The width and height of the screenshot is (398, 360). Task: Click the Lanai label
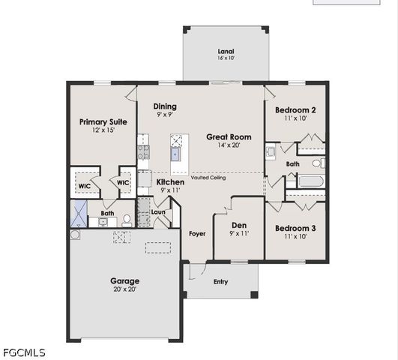(226, 50)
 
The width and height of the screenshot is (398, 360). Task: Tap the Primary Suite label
(103, 121)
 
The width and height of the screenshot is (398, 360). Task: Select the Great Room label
(229, 137)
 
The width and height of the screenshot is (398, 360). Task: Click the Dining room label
(165, 107)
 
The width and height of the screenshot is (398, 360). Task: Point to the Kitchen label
(170, 182)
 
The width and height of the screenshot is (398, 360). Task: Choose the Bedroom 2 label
(295, 110)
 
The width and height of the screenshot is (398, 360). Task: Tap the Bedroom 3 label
(295, 228)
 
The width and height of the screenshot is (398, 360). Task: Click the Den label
(239, 226)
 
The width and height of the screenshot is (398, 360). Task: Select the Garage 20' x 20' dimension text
(124, 289)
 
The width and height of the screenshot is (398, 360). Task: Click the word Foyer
(197, 233)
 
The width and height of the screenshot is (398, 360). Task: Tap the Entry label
(220, 282)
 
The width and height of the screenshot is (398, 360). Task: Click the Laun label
(158, 211)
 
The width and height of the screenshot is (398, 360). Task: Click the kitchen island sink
(176, 154)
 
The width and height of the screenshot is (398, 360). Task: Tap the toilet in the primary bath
(127, 220)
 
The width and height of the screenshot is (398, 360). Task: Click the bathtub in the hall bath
(307, 181)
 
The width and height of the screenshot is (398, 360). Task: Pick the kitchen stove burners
(142, 153)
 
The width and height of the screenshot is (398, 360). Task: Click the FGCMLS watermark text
(24, 352)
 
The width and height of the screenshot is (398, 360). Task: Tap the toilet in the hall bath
(318, 162)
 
